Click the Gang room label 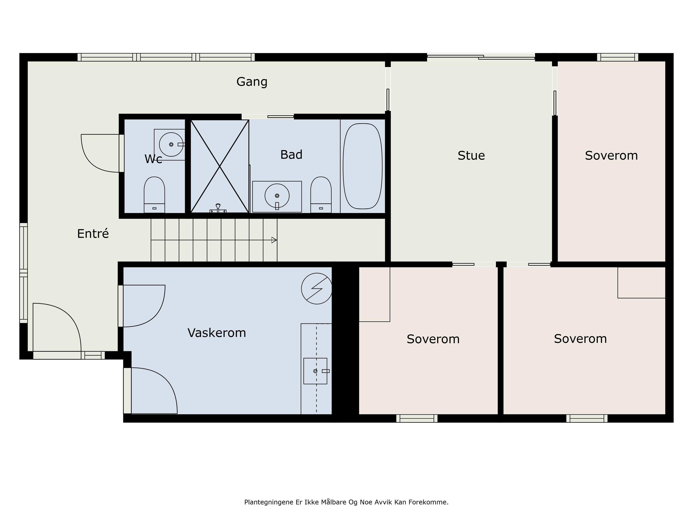tap(252, 82)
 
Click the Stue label tap(471, 155)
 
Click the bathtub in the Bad tap(363, 166)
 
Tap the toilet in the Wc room tap(154, 195)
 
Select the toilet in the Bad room tap(321, 195)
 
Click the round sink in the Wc tap(171, 144)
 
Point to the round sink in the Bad tap(277, 196)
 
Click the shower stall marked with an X tap(220, 166)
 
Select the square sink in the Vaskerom tap(315, 371)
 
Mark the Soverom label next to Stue tap(611, 155)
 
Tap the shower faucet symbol tap(218, 208)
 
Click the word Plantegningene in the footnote tap(269, 502)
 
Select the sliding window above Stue tap(481, 57)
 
